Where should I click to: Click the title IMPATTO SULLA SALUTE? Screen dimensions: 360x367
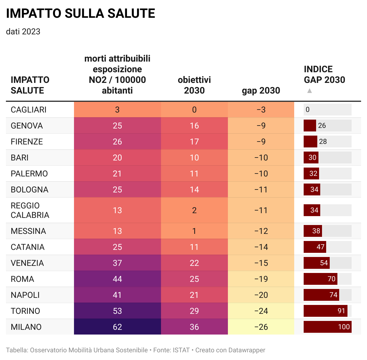[x=81, y=14]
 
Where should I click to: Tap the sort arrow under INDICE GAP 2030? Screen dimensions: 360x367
[x=310, y=91]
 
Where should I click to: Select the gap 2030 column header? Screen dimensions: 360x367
[x=261, y=91]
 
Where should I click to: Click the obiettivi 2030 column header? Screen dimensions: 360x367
[x=194, y=85]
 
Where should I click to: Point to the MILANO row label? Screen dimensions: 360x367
[x=26, y=327]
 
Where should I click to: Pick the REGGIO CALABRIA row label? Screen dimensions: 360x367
[x=30, y=210]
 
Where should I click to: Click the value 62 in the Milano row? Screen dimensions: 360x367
[x=117, y=327]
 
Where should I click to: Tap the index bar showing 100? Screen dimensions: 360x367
[x=327, y=327]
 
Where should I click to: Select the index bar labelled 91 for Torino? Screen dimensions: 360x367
[x=325, y=311]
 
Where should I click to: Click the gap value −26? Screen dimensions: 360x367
[x=261, y=327]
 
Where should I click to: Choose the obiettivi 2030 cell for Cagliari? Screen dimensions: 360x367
[x=194, y=110]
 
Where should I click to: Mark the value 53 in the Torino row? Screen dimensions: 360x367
[x=117, y=311]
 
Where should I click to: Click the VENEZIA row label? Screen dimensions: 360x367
[x=27, y=263]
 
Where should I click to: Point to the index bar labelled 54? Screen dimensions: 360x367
[x=316, y=263]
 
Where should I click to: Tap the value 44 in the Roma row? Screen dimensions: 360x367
[x=117, y=279]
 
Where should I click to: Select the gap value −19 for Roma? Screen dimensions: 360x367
[x=261, y=279]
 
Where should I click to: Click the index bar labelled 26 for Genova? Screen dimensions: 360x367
[x=310, y=126]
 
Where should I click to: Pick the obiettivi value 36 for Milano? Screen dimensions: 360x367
[x=194, y=327]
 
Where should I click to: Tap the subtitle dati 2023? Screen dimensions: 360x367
[x=23, y=32]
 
